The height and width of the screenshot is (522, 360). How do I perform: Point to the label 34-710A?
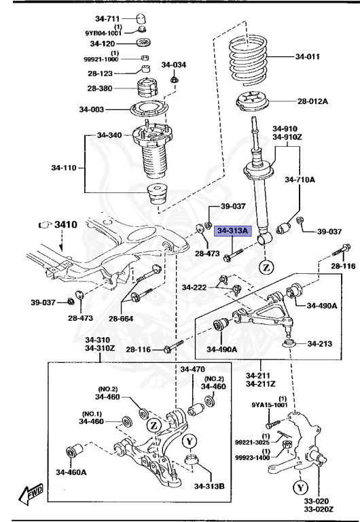300,180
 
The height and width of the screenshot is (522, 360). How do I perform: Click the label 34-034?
173,65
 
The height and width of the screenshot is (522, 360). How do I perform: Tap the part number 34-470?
193,370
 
